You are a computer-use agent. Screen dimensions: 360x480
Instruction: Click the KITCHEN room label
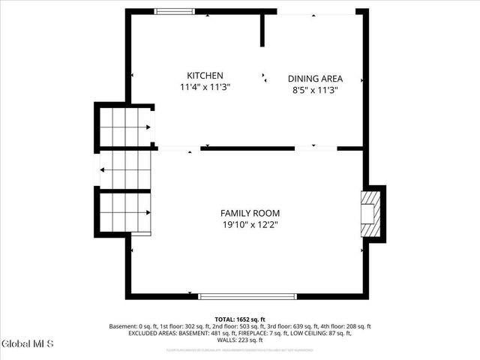click(205, 76)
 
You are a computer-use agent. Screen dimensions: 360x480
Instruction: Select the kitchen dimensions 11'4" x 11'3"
click(205, 87)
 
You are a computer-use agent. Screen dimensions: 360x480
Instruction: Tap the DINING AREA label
click(315, 79)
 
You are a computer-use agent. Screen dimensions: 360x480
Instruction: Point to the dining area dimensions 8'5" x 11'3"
click(315, 90)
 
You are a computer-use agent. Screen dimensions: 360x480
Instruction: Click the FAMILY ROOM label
click(250, 213)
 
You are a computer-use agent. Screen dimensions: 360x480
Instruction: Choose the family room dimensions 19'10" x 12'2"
click(250, 224)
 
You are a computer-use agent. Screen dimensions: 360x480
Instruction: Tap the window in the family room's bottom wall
click(247, 296)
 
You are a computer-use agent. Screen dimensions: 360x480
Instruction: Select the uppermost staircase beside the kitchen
click(124, 126)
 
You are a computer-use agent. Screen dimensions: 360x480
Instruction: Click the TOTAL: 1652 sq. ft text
click(240, 319)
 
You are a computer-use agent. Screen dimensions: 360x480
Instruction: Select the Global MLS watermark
click(28, 343)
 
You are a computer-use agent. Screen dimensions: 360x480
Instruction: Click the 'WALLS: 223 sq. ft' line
click(240, 341)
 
